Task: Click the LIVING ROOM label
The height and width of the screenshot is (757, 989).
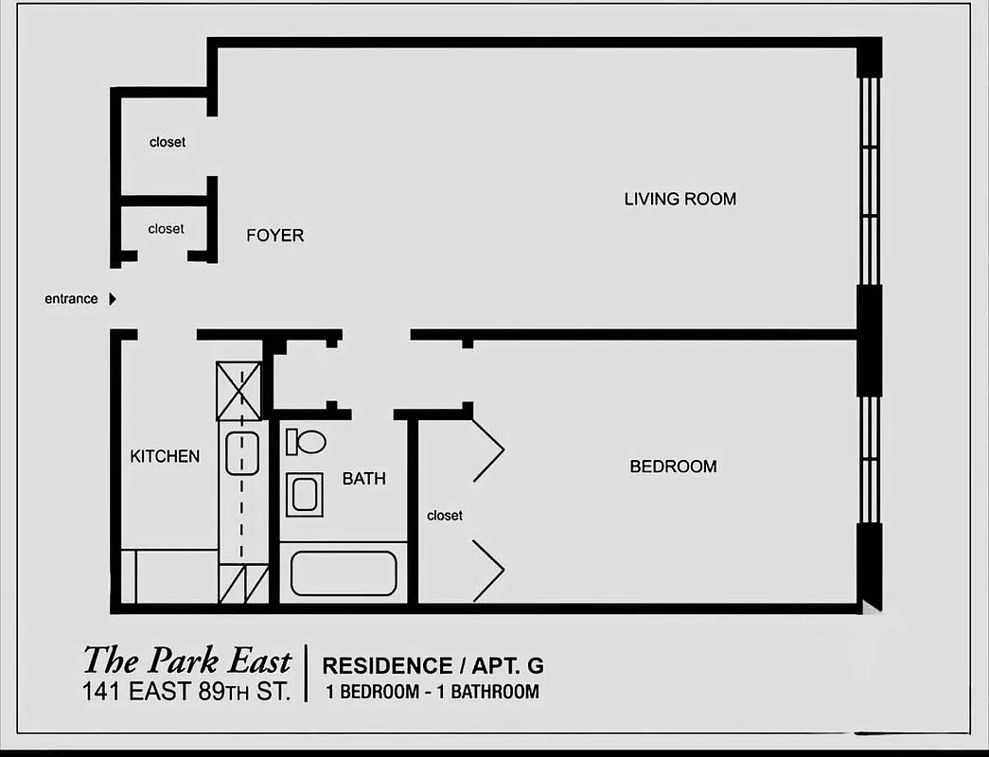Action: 680,199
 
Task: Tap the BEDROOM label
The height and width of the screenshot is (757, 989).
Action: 673,467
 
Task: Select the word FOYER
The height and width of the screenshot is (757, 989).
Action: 274,236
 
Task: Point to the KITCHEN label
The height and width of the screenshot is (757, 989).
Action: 165,456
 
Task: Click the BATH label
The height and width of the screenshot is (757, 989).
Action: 363,479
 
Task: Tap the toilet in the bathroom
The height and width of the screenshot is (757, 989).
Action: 306,441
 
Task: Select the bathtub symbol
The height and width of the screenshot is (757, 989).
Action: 343,573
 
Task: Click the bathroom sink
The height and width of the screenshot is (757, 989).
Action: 305,494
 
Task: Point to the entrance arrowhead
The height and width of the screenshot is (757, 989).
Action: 112,299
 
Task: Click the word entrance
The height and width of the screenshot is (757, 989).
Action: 71,299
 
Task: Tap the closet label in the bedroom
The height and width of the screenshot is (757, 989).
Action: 445,516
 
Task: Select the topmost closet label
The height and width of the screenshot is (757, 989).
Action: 168,143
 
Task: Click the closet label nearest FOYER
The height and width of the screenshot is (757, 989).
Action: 166,229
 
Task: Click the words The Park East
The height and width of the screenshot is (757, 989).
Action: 186,660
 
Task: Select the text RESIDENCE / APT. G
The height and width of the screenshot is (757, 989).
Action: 433,666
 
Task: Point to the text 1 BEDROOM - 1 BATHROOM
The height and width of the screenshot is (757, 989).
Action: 432,692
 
